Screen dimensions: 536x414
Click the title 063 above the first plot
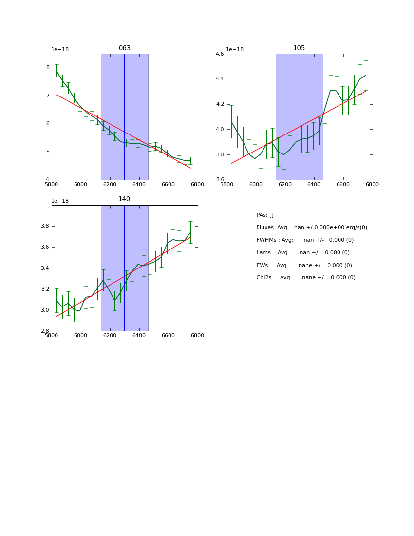pyautogui.click(x=124, y=48)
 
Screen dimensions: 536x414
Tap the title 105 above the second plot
pyautogui.click(x=299, y=48)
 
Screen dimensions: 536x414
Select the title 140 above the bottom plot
pyautogui.click(x=124, y=199)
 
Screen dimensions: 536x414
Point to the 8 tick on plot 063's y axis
pyautogui.click(x=48, y=68)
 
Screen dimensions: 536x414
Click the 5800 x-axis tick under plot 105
pyautogui.click(x=227, y=185)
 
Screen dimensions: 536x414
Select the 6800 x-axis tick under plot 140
pyautogui.click(x=197, y=336)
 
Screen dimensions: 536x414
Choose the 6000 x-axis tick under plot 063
pyautogui.click(x=81, y=185)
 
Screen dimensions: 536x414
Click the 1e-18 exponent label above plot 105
pyautogui.click(x=235, y=50)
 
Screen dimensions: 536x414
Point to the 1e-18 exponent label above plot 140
pyautogui.click(x=60, y=201)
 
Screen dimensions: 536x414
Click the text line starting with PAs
pyautogui.click(x=265, y=215)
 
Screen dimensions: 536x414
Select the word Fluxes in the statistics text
pyautogui.click(x=265, y=228)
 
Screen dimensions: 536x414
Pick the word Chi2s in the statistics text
pyautogui.click(x=265, y=278)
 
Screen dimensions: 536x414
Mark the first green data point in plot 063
pyautogui.click(x=56, y=71)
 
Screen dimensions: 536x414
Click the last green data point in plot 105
pyautogui.click(x=366, y=75)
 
